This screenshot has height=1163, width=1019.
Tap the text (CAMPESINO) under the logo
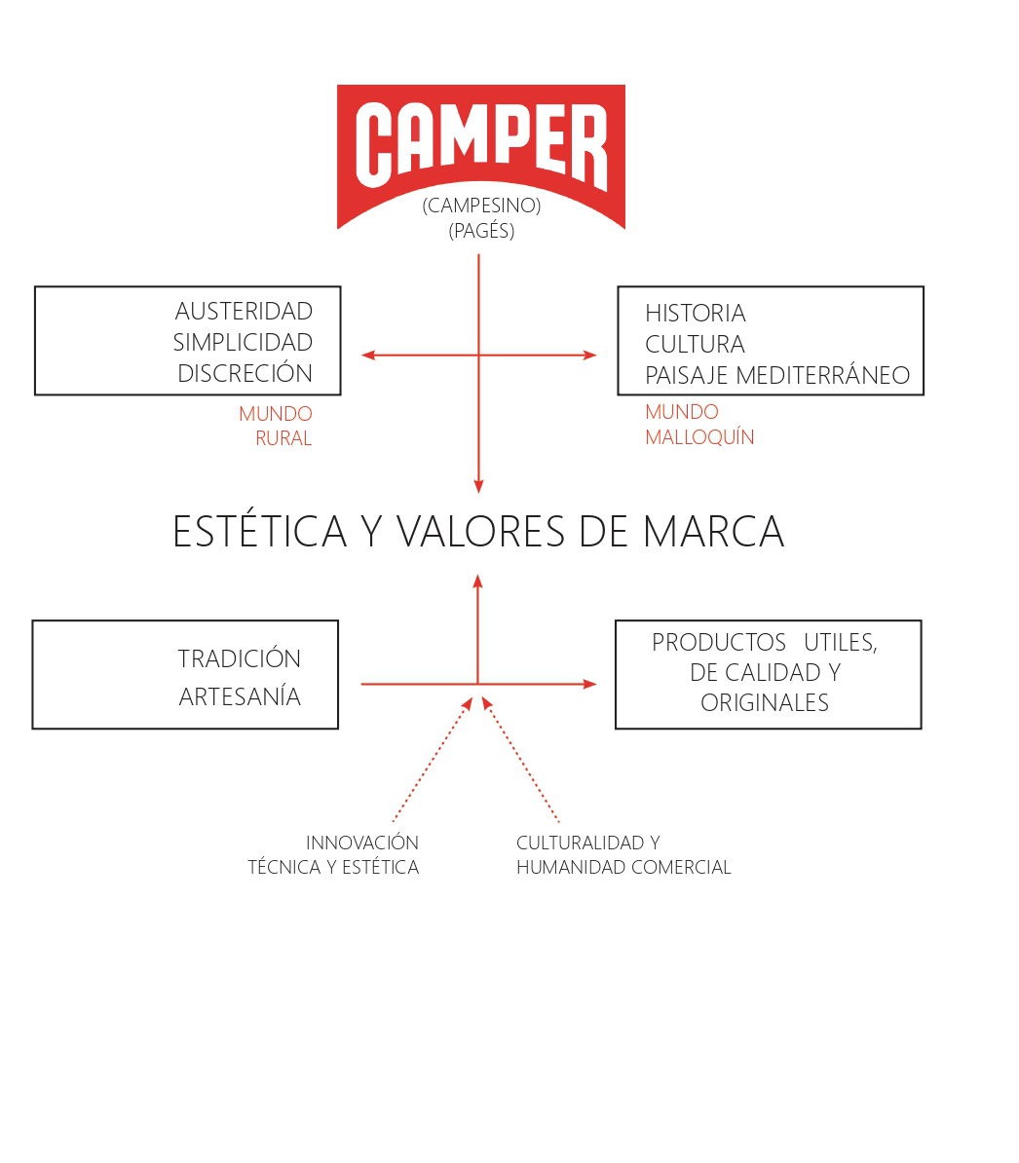tap(481, 206)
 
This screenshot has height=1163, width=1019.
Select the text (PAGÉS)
tap(481, 231)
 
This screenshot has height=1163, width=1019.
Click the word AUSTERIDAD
tap(244, 312)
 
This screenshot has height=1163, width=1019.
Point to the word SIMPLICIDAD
tap(243, 343)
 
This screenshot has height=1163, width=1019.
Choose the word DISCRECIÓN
tap(245, 373)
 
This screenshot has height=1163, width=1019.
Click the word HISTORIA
tap(696, 313)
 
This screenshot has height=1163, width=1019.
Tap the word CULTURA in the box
tap(695, 344)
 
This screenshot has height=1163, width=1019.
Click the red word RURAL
tap(283, 438)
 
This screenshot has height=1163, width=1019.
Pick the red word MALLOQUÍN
tap(699, 437)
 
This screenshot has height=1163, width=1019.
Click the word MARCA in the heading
tap(713, 532)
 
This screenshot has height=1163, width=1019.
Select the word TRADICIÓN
tap(240, 657)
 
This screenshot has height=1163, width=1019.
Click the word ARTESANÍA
tap(240, 695)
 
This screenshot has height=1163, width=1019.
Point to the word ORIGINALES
tap(765, 702)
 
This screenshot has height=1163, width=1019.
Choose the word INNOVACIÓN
tap(362, 843)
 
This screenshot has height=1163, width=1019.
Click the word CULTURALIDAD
tap(580, 844)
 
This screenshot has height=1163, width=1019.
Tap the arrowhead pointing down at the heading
tap(478, 486)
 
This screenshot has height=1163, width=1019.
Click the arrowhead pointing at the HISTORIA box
tap(589, 356)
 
